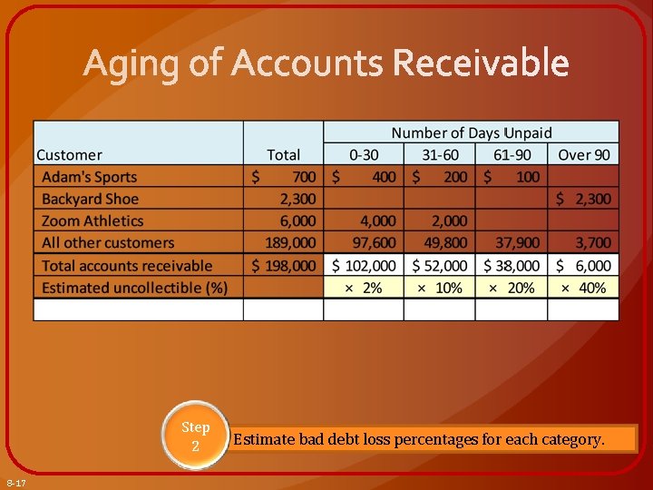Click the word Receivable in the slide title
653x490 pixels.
481,64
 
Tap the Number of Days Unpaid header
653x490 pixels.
471,133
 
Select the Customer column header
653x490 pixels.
69,155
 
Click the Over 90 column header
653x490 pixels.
583,155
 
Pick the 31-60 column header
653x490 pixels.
440,155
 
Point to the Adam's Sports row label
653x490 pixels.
89,177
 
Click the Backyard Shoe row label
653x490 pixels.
90,199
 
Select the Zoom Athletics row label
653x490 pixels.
93,220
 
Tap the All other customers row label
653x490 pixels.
107,242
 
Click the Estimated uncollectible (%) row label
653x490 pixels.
134,288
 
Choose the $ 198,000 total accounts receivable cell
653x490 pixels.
284,266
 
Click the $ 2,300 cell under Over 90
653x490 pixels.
583,199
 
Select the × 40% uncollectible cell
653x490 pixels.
583,288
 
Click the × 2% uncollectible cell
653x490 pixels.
363,288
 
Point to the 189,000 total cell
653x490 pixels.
290,242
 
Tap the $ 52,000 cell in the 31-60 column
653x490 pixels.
440,266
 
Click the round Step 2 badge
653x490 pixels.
195,436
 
